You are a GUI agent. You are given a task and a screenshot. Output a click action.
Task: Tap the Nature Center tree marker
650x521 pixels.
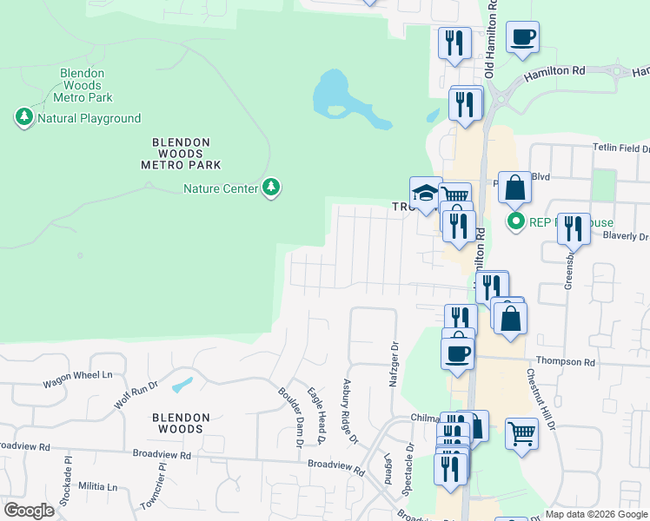pyautogui.click(x=272, y=188)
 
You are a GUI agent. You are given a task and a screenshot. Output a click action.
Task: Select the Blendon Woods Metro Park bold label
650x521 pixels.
pyautogui.click(x=187, y=153)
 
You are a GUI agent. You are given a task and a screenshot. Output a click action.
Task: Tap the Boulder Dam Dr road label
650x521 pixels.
pyautogui.click(x=289, y=416)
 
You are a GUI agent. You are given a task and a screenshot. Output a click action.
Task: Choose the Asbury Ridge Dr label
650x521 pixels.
pyautogui.click(x=350, y=411)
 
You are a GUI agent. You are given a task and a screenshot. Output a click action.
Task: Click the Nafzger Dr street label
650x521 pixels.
pyautogui.click(x=394, y=366)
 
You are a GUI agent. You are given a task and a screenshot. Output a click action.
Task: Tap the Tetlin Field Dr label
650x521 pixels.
pyautogui.click(x=620, y=148)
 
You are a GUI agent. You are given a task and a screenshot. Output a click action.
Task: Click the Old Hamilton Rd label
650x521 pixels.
pyautogui.click(x=491, y=39)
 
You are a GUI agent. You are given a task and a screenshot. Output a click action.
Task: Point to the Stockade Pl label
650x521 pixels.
pyautogui.click(x=64, y=491)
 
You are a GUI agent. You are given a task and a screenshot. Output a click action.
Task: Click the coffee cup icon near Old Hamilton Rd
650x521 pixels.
pyautogui.click(x=523, y=37)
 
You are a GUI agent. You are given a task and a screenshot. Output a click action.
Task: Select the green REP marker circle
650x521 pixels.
pyautogui.click(x=515, y=221)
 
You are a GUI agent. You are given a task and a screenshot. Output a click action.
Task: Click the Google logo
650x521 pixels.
pyautogui.click(x=30, y=510)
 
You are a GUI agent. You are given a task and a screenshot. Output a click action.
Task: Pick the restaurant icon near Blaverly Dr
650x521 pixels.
pyautogui.click(x=573, y=228)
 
